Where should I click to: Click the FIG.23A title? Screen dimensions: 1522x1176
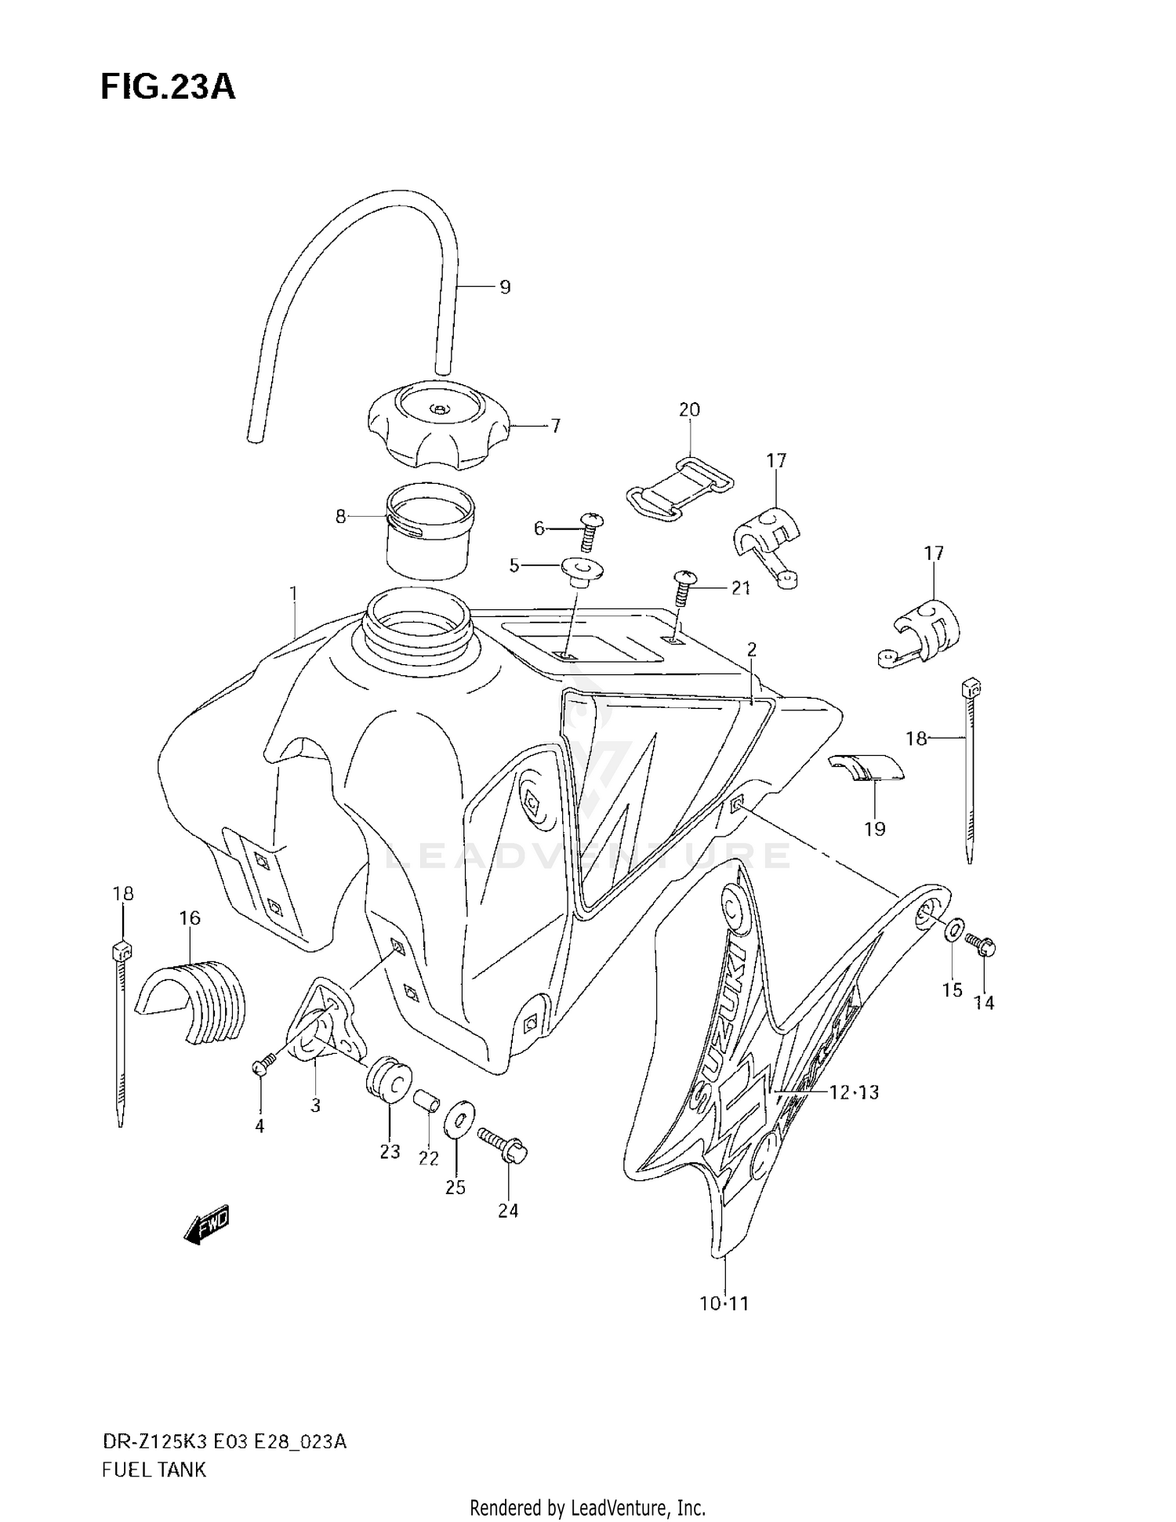(168, 87)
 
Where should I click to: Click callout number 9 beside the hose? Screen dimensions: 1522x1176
(505, 288)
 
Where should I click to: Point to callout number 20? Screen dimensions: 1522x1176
(689, 409)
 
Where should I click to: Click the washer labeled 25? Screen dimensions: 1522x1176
(458, 1119)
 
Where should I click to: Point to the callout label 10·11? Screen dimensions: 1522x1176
(724, 1304)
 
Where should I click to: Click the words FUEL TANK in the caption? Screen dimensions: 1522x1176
(154, 1469)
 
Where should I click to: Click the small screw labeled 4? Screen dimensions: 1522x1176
(262, 1066)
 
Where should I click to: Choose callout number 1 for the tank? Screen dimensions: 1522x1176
(293, 594)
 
